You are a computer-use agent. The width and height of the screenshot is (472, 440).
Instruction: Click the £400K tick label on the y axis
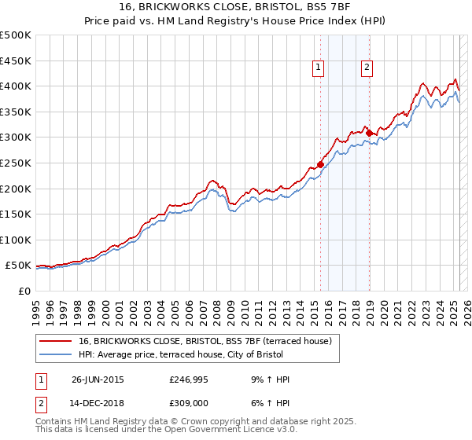(16, 86)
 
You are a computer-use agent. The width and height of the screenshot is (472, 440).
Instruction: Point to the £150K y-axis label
(16, 214)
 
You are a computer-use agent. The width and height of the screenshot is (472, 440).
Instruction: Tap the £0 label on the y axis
(24, 291)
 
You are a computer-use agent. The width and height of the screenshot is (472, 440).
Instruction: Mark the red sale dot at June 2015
(320, 164)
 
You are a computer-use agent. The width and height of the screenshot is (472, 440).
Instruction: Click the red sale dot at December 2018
(368, 133)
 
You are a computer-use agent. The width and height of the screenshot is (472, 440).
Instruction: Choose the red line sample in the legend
(55, 341)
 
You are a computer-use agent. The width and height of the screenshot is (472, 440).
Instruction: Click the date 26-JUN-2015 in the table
(98, 379)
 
